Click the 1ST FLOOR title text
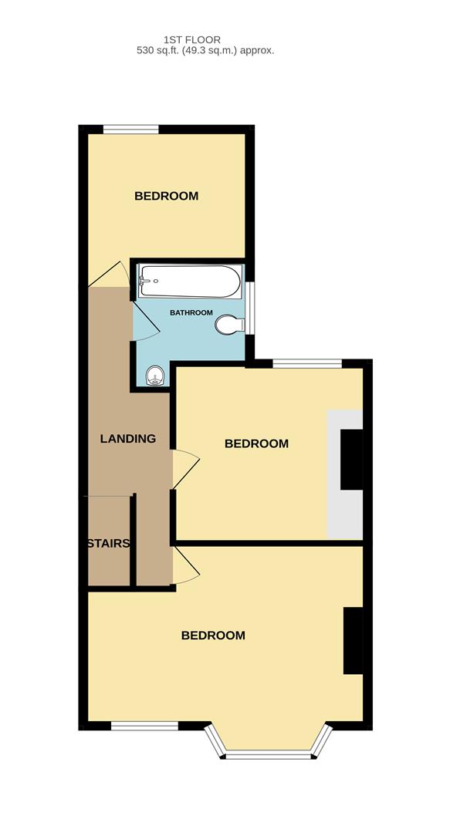(192, 39)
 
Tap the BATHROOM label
(191, 312)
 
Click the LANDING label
(128, 439)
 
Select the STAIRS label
(107, 543)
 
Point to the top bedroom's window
(131, 130)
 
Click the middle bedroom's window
(306, 363)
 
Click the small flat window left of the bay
(144, 726)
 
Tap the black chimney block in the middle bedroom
(352, 460)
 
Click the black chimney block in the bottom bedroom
(353, 641)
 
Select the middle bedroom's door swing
(185, 467)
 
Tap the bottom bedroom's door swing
(185, 566)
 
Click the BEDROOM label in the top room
(166, 196)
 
